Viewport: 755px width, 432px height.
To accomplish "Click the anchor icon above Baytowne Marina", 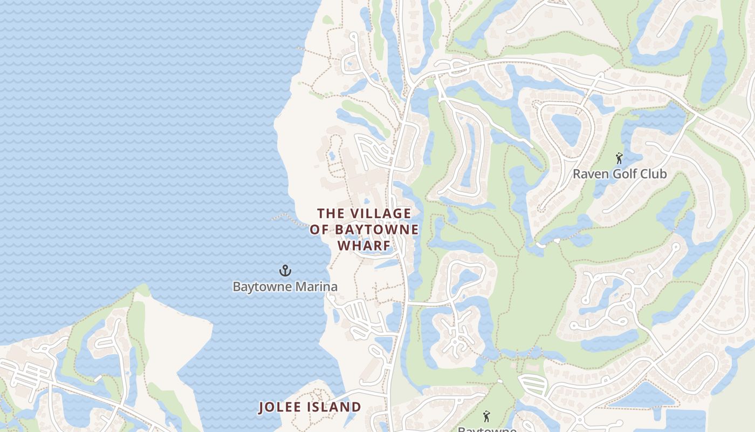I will click(x=285, y=270).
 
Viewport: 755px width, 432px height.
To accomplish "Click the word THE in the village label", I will click(x=330, y=214).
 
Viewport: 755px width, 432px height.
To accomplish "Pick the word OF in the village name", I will click(x=319, y=230).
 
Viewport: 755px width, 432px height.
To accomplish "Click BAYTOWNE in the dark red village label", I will click(x=376, y=230).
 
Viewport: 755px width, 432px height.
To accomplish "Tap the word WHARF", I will click(x=364, y=245).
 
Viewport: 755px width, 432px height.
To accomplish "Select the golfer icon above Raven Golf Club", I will click(x=619, y=158).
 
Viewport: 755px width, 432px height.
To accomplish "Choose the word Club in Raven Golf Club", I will click(x=654, y=174).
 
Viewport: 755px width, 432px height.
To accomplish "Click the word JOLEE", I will click(x=281, y=407).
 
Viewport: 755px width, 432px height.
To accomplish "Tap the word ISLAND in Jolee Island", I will click(x=335, y=407).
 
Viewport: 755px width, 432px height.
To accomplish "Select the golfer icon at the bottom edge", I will click(x=486, y=416).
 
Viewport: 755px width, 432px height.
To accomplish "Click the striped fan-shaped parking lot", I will click(x=533, y=384).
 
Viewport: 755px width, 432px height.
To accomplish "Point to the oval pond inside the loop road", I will click(x=566, y=130).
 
